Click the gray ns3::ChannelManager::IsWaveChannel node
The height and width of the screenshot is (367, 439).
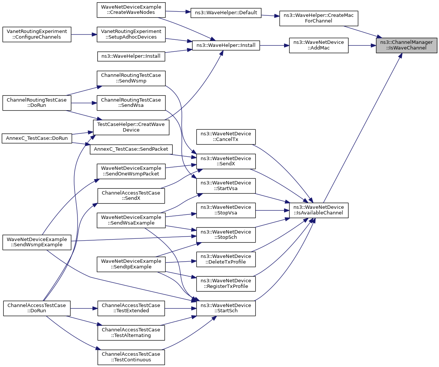[406, 45]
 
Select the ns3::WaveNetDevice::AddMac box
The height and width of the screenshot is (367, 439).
[318, 45]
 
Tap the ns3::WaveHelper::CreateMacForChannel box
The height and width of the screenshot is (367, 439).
[318, 18]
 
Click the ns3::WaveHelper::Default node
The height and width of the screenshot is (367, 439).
[226, 13]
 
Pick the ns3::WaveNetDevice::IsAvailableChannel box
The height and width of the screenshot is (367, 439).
[318, 210]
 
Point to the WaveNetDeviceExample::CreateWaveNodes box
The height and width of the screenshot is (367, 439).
[131, 10]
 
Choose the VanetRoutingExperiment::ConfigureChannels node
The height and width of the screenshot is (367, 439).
[37, 34]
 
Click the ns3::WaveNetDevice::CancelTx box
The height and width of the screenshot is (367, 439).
[226, 136]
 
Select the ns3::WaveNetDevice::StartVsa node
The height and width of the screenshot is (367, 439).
[226, 186]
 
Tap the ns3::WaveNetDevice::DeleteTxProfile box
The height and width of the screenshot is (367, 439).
[226, 259]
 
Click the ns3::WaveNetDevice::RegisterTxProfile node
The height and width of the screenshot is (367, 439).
[226, 283]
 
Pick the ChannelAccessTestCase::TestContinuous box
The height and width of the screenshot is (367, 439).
[131, 357]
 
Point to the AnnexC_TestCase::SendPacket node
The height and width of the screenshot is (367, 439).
[131, 149]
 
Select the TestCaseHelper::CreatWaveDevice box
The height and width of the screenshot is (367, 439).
[131, 127]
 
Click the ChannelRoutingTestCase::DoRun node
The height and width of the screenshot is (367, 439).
[37, 103]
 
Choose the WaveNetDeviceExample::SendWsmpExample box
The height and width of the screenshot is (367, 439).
[37, 242]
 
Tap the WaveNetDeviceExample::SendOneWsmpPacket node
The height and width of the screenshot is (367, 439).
[131, 171]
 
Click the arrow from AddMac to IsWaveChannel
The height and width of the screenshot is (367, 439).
[362, 45]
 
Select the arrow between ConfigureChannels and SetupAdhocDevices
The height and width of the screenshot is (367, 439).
[84, 34]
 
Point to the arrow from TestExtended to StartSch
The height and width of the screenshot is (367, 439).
[181, 308]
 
